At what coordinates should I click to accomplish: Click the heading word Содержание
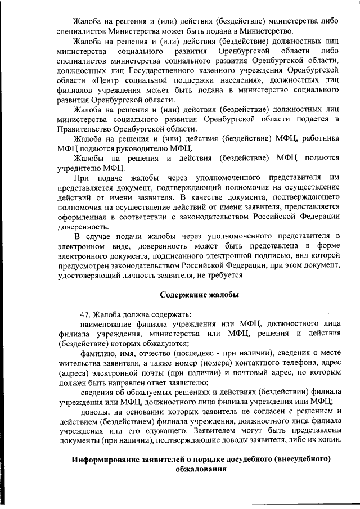click(182, 295)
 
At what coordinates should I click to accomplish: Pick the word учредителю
click(80, 168)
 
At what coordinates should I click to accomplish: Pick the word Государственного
click(160, 70)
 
